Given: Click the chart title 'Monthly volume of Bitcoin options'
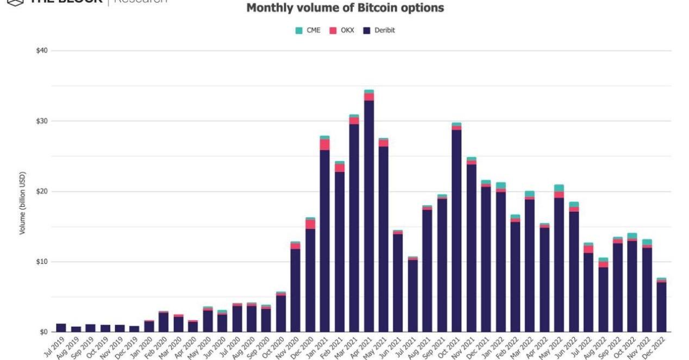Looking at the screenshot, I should click(x=345, y=8).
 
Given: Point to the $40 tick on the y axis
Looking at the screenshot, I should click(x=42, y=51).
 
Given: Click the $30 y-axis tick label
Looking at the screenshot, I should click(x=42, y=121).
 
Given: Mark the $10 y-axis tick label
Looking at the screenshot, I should click(x=42, y=262).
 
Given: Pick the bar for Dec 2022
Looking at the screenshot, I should click(x=661, y=307).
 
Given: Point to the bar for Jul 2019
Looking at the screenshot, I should click(x=61, y=328).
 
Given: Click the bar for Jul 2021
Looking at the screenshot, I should click(x=413, y=296).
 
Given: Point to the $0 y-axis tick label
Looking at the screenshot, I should click(x=43, y=332).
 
